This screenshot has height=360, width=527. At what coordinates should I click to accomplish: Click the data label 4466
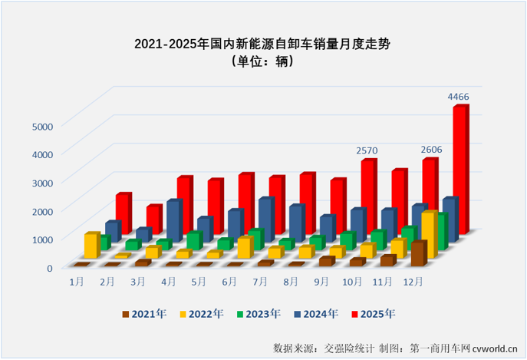459,96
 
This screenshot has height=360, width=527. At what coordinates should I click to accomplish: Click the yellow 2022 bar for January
91,246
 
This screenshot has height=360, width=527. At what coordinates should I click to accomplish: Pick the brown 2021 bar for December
417,254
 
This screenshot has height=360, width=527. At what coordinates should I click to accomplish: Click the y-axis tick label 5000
41,125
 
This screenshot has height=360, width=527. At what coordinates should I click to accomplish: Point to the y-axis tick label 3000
41,182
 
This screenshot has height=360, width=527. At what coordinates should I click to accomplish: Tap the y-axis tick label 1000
41,239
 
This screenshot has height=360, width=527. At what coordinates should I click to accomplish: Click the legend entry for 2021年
143,313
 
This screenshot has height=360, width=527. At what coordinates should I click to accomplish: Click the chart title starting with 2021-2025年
263,44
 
